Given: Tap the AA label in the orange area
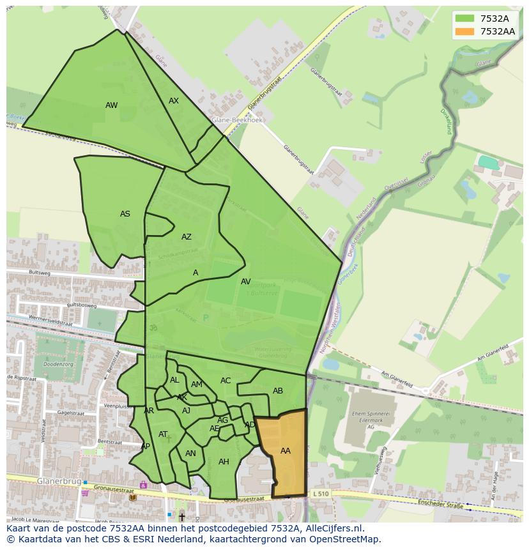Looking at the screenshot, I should pyautogui.click(x=286, y=451).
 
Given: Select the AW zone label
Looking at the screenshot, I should pyautogui.click(x=112, y=105).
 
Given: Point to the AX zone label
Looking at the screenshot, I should pyautogui.click(x=174, y=101).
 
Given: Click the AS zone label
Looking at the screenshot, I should pyautogui.click(x=125, y=214).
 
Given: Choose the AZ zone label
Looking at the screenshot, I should pyautogui.click(x=186, y=237).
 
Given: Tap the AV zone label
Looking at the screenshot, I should pyautogui.click(x=246, y=282).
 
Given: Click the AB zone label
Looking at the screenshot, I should pyautogui.click(x=278, y=391).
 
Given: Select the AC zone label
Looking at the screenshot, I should pyautogui.click(x=226, y=381).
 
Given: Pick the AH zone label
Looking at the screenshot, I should pyautogui.click(x=224, y=462).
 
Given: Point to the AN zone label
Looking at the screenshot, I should pyautogui.click(x=190, y=454).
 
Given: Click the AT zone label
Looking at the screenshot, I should pyautogui.click(x=163, y=434).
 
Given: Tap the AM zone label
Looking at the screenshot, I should pyautogui.click(x=197, y=385).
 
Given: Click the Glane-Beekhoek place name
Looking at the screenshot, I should pyautogui.click(x=238, y=120).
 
